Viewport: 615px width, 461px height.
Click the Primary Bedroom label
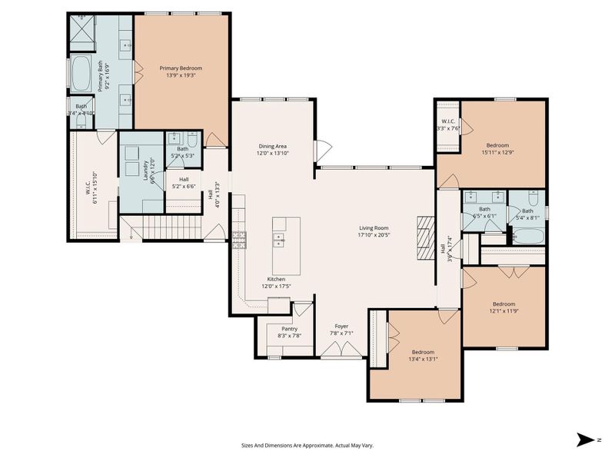181,68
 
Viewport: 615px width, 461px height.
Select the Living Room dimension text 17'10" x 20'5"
374,235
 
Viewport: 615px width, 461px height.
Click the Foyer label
341,327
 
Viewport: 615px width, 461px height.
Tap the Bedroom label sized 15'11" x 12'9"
497,144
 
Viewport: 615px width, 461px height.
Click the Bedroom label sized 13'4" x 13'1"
422,352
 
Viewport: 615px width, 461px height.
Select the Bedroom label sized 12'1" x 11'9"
504,303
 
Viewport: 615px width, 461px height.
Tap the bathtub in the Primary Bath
81,74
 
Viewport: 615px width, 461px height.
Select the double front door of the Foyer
341,350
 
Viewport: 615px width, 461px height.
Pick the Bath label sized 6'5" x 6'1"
484,209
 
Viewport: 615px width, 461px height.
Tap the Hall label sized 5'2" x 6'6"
184,180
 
